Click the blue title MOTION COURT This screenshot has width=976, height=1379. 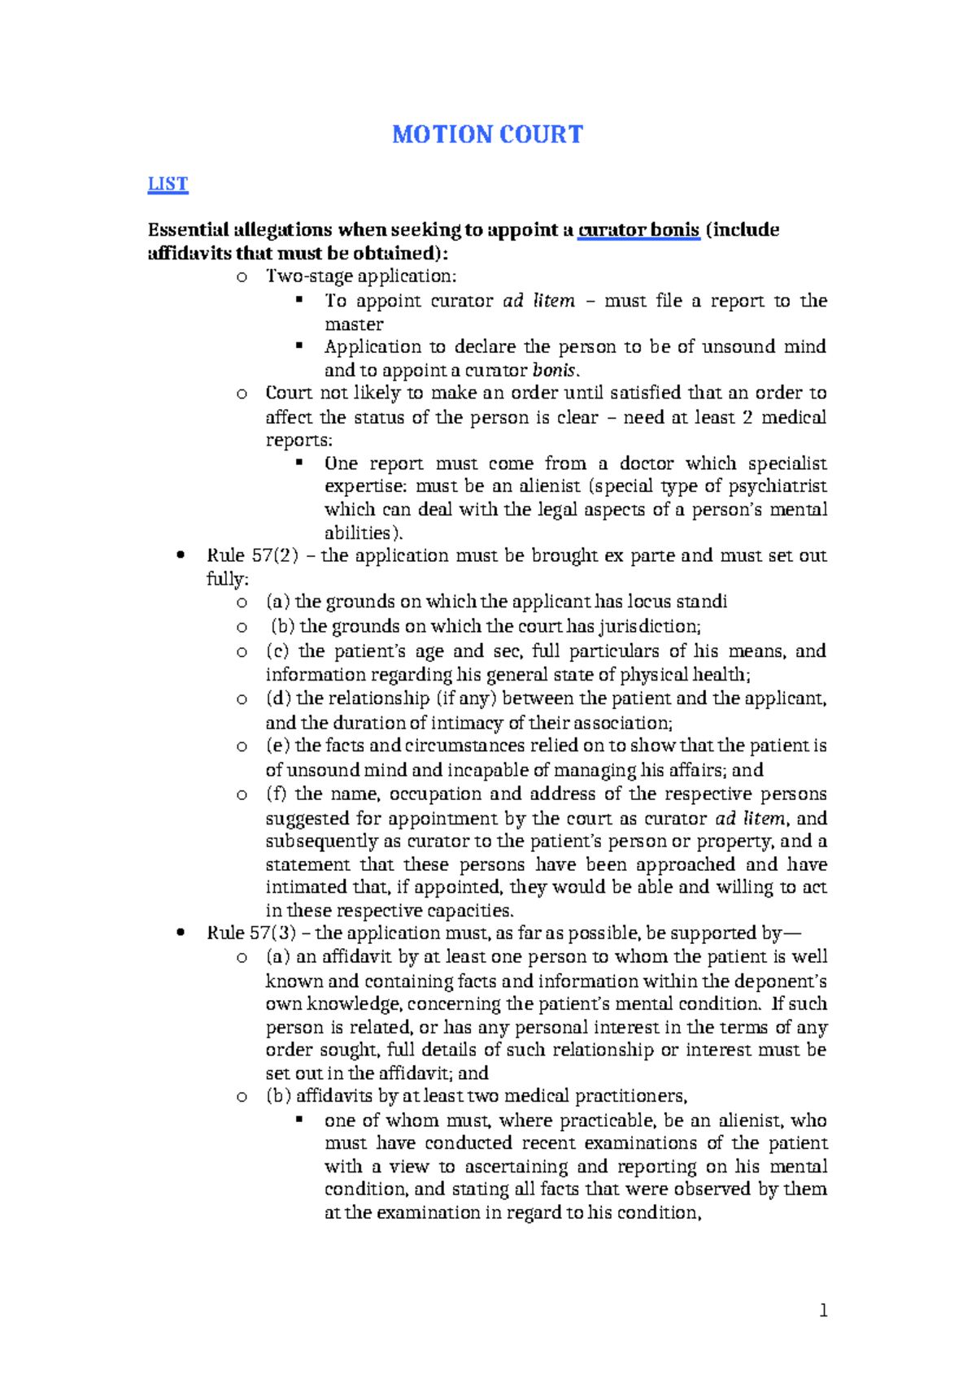pyautogui.click(x=487, y=134)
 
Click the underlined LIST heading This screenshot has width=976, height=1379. pyautogui.click(x=168, y=184)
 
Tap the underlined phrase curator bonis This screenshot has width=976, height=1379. pyautogui.click(x=638, y=230)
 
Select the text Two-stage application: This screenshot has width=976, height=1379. pyautogui.click(x=361, y=276)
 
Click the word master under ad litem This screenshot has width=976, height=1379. pyautogui.click(x=354, y=324)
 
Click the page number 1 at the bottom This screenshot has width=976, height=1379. pyautogui.click(x=823, y=1310)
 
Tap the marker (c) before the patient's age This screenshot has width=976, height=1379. pyautogui.click(x=278, y=651)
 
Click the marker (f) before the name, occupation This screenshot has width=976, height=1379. pyautogui.click(x=277, y=794)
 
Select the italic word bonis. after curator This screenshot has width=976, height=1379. pyautogui.click(x=556, y=371)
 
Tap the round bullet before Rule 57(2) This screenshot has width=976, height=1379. pyautogui.click(x=181, y=556)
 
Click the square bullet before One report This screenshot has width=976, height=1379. pyautogui.click(x=299, y=463)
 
